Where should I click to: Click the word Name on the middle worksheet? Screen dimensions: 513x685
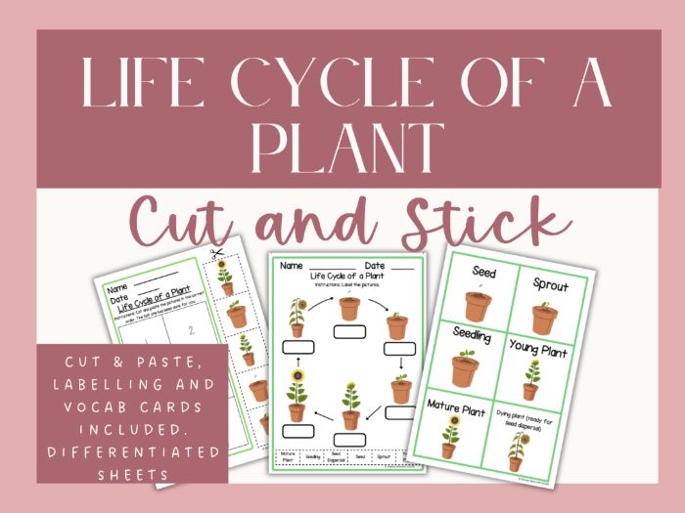291,266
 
